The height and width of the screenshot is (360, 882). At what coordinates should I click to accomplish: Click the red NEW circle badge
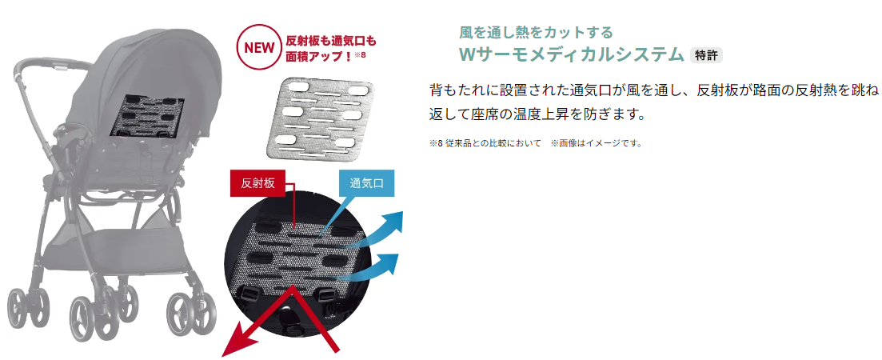pyautogui.click(x=259, y=47)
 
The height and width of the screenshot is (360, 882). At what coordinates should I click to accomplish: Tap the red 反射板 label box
pyautogui.click(x=258, y=183)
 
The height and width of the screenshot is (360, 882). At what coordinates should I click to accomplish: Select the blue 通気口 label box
pyautogui.click(x=366, y=183)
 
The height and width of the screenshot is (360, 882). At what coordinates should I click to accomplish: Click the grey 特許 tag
pyautogui.click(x=706, y=55)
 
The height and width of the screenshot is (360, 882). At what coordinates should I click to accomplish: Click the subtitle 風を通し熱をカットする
pyautogui.click(x=536, y=32)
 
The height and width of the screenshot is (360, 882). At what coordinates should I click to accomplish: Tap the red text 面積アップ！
pyautogui.click(x=318, y=55)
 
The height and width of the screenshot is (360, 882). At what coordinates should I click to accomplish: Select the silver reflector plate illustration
pyautogui.click(x=320, y=117)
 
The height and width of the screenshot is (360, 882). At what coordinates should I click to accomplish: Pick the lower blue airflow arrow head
pyautogui.click(x=389, y=264)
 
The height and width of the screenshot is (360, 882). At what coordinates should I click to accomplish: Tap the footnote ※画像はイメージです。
pyautogui.click(x=597, y=143)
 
